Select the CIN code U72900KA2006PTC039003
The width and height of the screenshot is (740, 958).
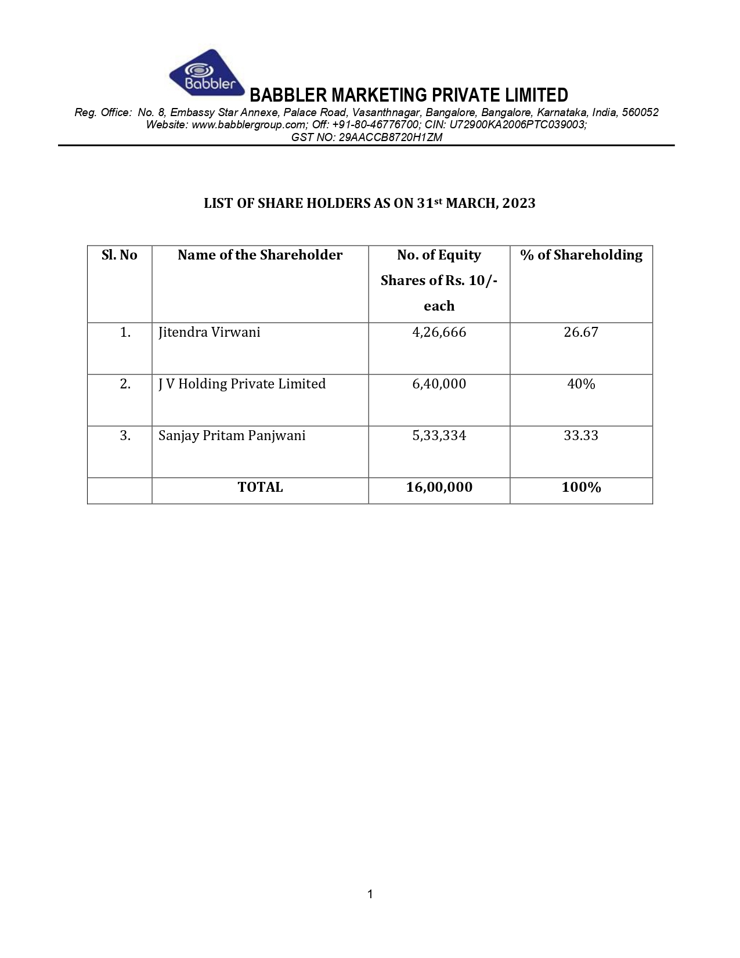tap(517, 124)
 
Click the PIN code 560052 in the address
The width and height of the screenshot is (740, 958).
tap(640, 112)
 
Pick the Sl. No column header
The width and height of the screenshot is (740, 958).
tap(120, 255)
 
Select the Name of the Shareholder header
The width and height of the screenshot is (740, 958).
tap(260, 255)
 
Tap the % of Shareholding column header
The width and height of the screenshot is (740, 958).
tap(581, 255)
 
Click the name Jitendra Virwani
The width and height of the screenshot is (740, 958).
tap(210, 333)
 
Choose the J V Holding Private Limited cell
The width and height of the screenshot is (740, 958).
tap(242, 384)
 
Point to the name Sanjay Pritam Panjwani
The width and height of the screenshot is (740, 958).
tap(232, 436)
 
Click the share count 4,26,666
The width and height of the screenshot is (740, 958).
tap(439, 333)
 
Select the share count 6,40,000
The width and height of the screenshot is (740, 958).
tap(439, 384)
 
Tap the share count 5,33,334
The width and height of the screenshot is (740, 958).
tap(439, 436)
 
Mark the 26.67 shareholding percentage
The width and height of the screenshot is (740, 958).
tap(581, 333)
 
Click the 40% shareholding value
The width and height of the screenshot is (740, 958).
tap(581, 384)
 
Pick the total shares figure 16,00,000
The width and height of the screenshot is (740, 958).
tap(439, 488)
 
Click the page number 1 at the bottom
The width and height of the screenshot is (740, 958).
tap(370, 895)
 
